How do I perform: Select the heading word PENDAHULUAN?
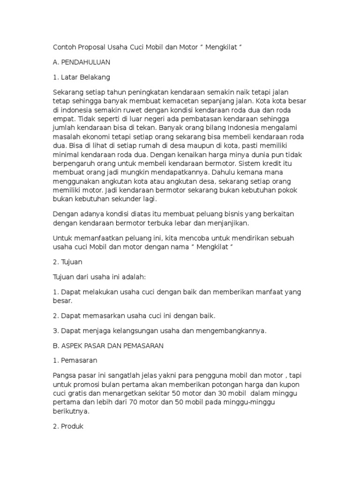point(85,62)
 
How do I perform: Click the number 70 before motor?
point(132,402)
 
